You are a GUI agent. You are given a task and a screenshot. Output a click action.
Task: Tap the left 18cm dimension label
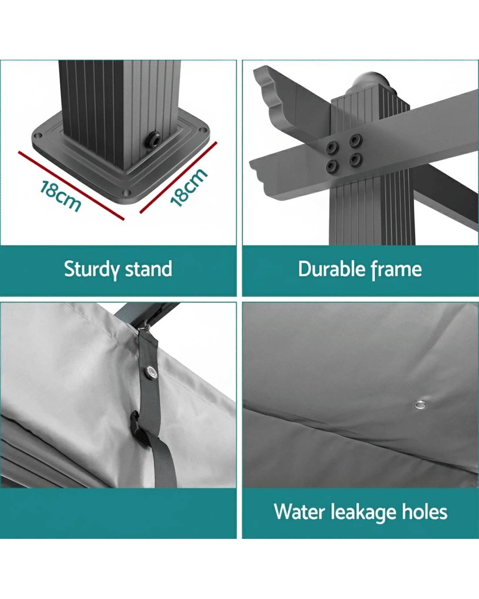coord(61,196)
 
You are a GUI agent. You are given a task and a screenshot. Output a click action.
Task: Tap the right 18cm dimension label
coord(189,188)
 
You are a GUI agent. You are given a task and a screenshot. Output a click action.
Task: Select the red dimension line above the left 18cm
coord(71,186)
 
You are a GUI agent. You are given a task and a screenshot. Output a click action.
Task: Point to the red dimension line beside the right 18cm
coord(178,178)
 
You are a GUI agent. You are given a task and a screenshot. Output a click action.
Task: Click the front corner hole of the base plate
coord(127,193)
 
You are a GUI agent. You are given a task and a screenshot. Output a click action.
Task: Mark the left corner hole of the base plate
coord(37,136)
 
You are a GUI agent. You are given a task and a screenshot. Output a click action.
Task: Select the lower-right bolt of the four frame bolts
coord(356,160)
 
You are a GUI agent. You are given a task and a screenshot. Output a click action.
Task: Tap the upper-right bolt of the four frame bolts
coord(356,140)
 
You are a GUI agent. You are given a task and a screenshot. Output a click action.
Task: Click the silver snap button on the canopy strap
coord(152,372)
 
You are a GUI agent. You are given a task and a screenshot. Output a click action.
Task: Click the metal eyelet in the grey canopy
coord(418,405)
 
